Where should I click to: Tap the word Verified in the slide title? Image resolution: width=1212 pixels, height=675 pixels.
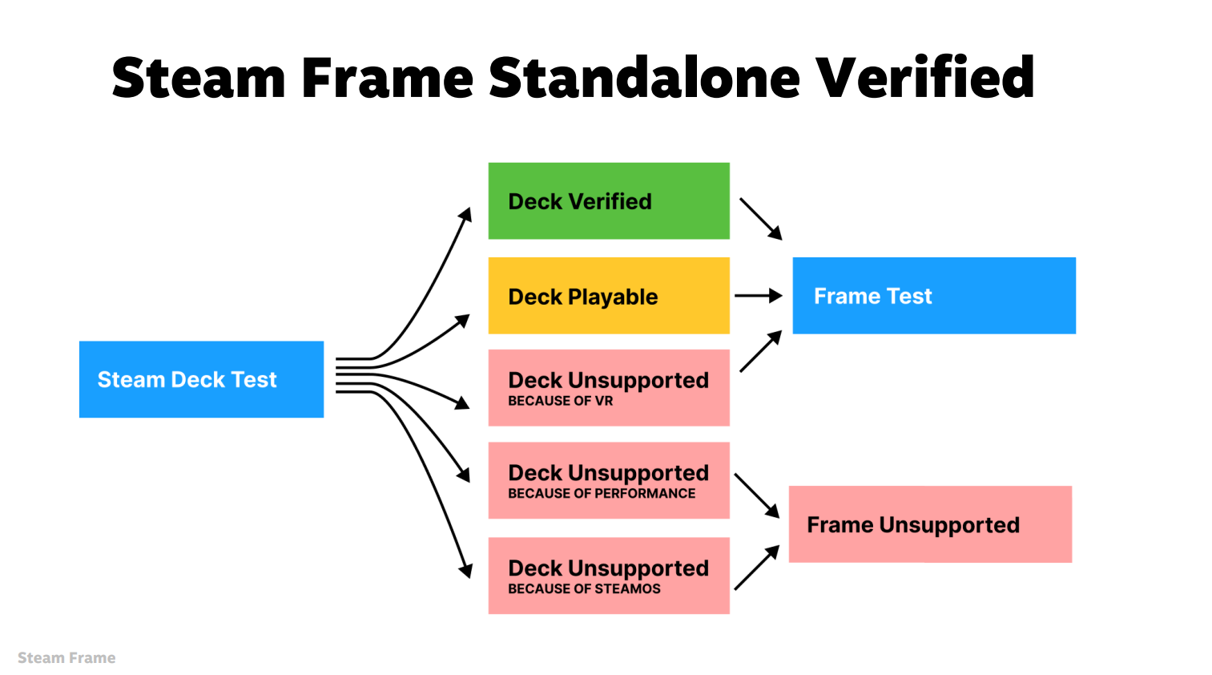click(x=924, y=78)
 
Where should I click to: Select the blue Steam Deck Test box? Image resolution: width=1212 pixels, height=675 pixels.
click(x=201, y=379)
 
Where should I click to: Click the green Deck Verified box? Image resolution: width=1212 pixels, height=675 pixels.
click(x=609, y=201)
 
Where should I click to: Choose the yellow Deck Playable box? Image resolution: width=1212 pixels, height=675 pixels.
click(x=609, y=296)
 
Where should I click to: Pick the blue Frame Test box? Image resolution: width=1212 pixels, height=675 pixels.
click(x=934, y=296)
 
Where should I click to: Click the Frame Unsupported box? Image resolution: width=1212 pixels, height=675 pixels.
click(x=930, y=524)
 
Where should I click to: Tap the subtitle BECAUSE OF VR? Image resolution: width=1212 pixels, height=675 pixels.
click(x=560, y=401)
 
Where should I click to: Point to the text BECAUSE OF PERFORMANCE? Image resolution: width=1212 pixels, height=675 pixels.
click(x=602, y=494)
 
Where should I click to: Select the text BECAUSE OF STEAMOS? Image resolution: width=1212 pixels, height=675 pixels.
click(x=584, y=589)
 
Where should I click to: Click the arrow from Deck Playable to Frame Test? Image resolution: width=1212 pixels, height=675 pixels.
click(x=757, y=296)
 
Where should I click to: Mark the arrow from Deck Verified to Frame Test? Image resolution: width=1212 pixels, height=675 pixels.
click(x=759, y=218)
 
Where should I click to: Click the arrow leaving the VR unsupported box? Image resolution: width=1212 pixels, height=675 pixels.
click(x=759, y=352)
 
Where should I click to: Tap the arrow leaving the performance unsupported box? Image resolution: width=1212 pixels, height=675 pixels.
click(x=756, y=495)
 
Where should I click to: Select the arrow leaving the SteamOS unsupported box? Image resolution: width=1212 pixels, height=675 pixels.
click(x=756, y=568)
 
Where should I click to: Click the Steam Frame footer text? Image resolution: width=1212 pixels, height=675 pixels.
click(x=66, y=658)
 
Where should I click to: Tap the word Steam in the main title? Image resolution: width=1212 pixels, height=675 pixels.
click(x=199, y=78)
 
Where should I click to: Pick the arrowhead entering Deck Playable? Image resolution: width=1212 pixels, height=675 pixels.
click(x=464, y=319)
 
